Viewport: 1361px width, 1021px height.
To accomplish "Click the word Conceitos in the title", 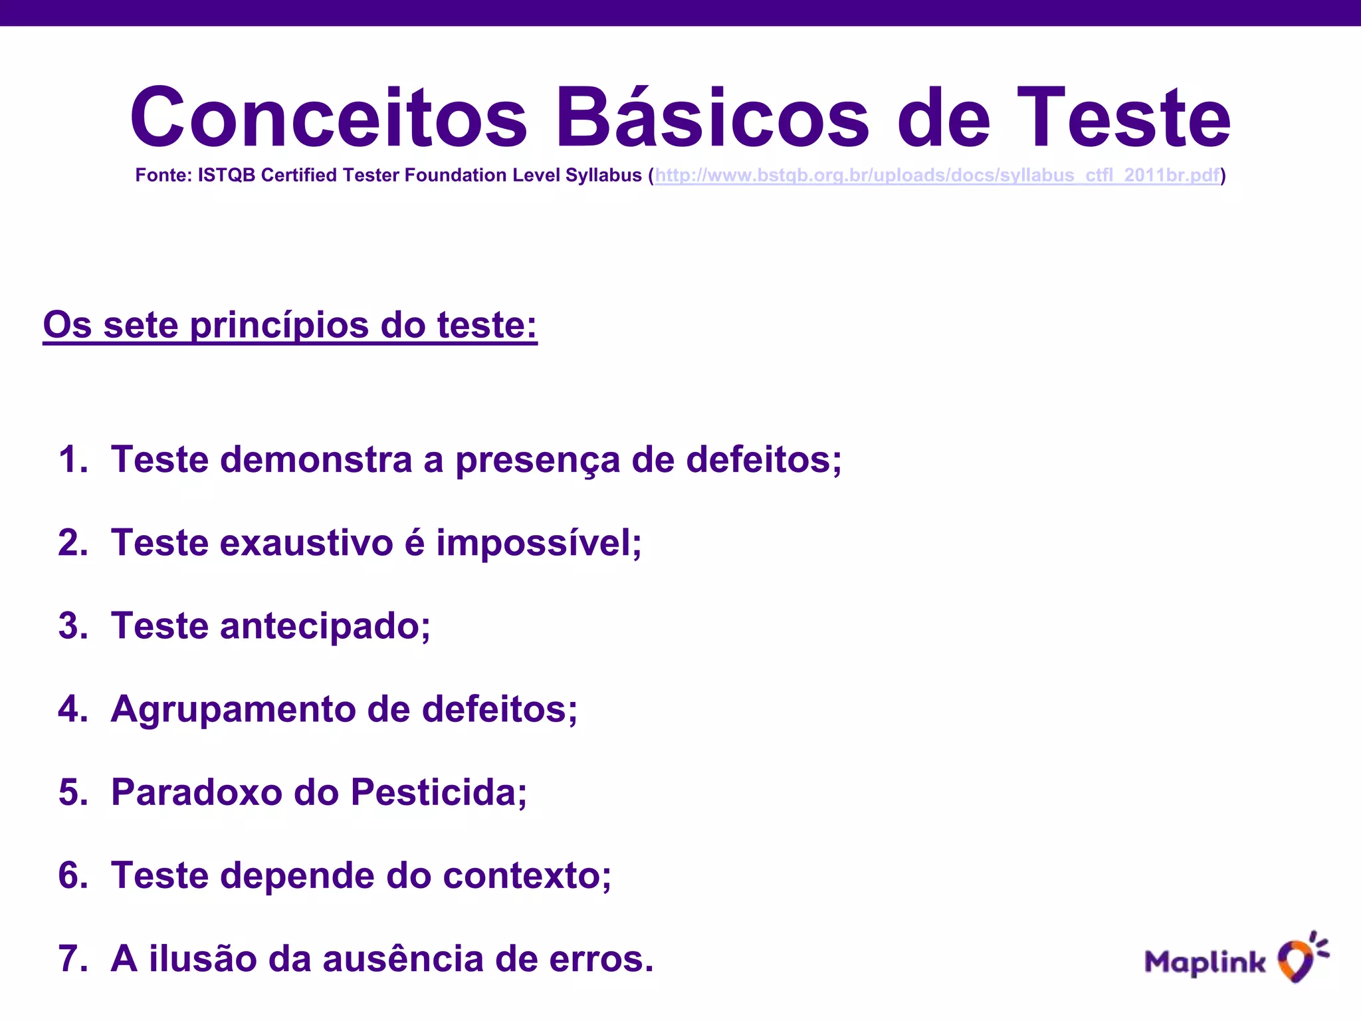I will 328,118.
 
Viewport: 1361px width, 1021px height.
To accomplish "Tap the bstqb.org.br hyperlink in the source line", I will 937,175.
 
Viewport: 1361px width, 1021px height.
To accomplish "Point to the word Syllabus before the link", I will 603,175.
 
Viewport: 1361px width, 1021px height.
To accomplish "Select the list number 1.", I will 72,460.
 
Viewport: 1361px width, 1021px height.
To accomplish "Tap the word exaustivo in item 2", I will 306,543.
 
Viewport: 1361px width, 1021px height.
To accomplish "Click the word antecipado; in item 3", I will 325,627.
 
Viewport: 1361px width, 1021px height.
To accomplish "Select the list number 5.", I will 72,792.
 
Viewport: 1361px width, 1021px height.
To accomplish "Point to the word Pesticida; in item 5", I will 439,792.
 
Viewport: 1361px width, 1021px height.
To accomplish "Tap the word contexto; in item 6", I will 527,875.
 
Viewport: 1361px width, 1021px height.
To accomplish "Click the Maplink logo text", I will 1205,963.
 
